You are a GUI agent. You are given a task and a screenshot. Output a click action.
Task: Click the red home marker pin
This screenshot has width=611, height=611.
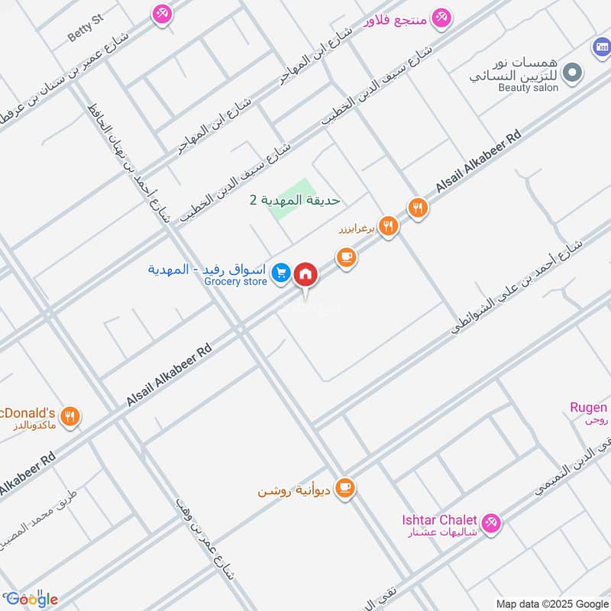tap(305, 273)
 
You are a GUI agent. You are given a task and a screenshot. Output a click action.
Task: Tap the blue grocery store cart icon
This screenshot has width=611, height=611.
tap(281, 272)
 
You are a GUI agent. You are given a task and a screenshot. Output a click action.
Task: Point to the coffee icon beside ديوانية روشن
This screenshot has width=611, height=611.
tap(345, 487)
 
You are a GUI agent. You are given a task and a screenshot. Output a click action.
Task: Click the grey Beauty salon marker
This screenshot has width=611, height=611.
tap(572, 73)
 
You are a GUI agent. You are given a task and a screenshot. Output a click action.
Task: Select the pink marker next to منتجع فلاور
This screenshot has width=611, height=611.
tap(441, 17)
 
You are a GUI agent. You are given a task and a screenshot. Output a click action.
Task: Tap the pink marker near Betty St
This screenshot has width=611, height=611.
tap(161, 13)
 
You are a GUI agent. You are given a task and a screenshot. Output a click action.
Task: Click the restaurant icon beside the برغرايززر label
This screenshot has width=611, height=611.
tap(389, 225)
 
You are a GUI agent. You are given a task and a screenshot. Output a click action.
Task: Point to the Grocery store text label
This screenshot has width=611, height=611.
tap(236, 282)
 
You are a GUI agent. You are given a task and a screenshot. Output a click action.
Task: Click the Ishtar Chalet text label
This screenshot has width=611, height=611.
tap(435, 521)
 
